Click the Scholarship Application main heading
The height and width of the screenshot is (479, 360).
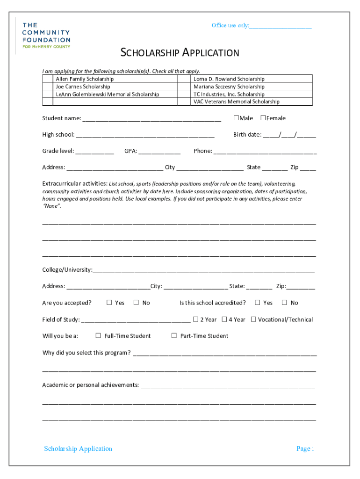(x=180, y=52)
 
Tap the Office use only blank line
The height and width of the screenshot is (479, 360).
(x=280, y=26)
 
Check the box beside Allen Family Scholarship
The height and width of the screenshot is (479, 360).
(x=48, y=79)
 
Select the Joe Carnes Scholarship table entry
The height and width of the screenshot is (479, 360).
(x=83, y=87)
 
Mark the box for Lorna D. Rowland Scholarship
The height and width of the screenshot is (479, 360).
(x=185, y=79)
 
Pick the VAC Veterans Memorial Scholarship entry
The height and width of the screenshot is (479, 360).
(x=236, y=102)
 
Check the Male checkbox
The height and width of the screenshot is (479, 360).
(x=236, y=118)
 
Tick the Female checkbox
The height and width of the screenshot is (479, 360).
(x=263, y=118)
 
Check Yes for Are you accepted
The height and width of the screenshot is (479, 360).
(x=109, y=303)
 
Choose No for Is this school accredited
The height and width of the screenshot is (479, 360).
(x=284, y=303)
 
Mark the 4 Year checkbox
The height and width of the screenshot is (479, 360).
(x=224, y=319)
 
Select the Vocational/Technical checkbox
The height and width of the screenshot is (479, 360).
(x=253, y=319)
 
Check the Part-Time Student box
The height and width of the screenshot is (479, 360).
(x=174, y=335)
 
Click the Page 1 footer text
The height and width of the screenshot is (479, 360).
(x=305, y=449)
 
